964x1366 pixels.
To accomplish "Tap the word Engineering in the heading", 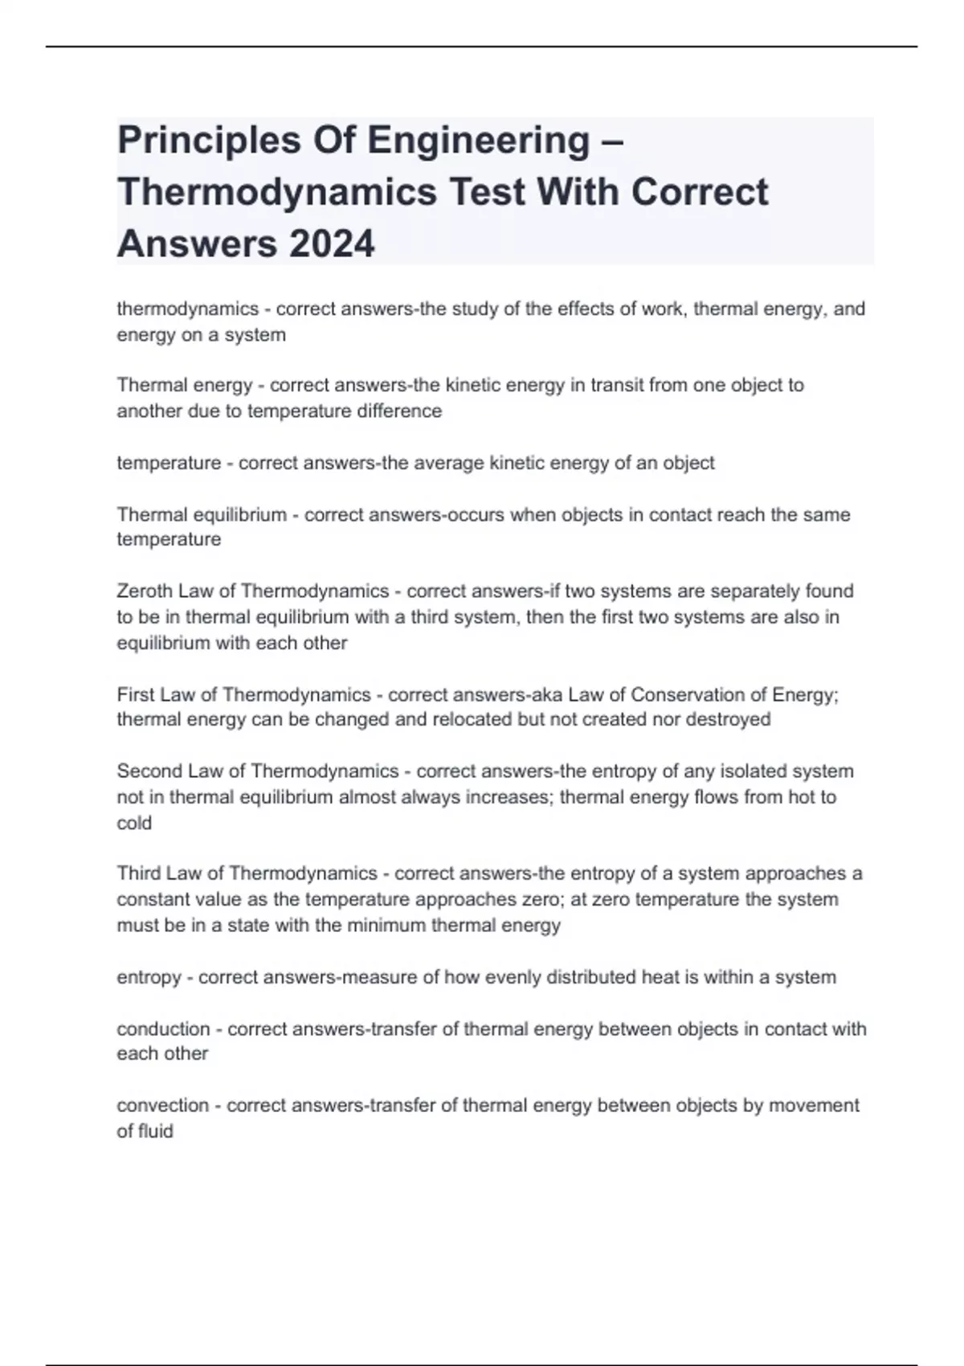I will pos(479,140).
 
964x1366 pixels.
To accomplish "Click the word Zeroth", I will pos(145,591).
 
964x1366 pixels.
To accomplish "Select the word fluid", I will pos(156,1131).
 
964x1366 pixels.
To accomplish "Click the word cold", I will pos(134,824).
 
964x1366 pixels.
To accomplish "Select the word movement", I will pos(814,1106).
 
